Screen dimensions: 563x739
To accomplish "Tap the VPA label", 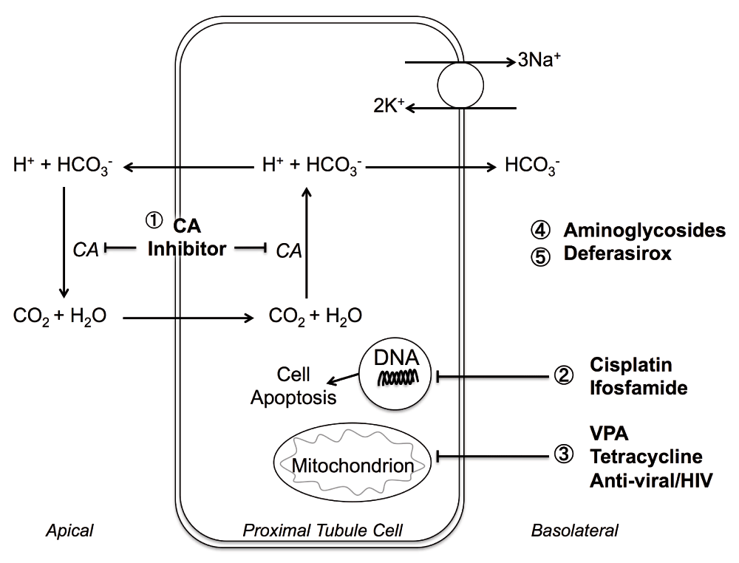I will pyautogui.click(x=607, y=433).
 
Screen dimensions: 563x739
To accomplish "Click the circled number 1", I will pyautogui.click(x=155, y=219).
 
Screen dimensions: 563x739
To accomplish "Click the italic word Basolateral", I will pyautogui.click(x=573, y=530).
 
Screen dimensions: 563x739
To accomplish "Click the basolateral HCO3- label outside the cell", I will pyautogui.click(x=531, y=168).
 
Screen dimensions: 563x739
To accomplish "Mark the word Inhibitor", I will pyautogui.click(x=186, y=249).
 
